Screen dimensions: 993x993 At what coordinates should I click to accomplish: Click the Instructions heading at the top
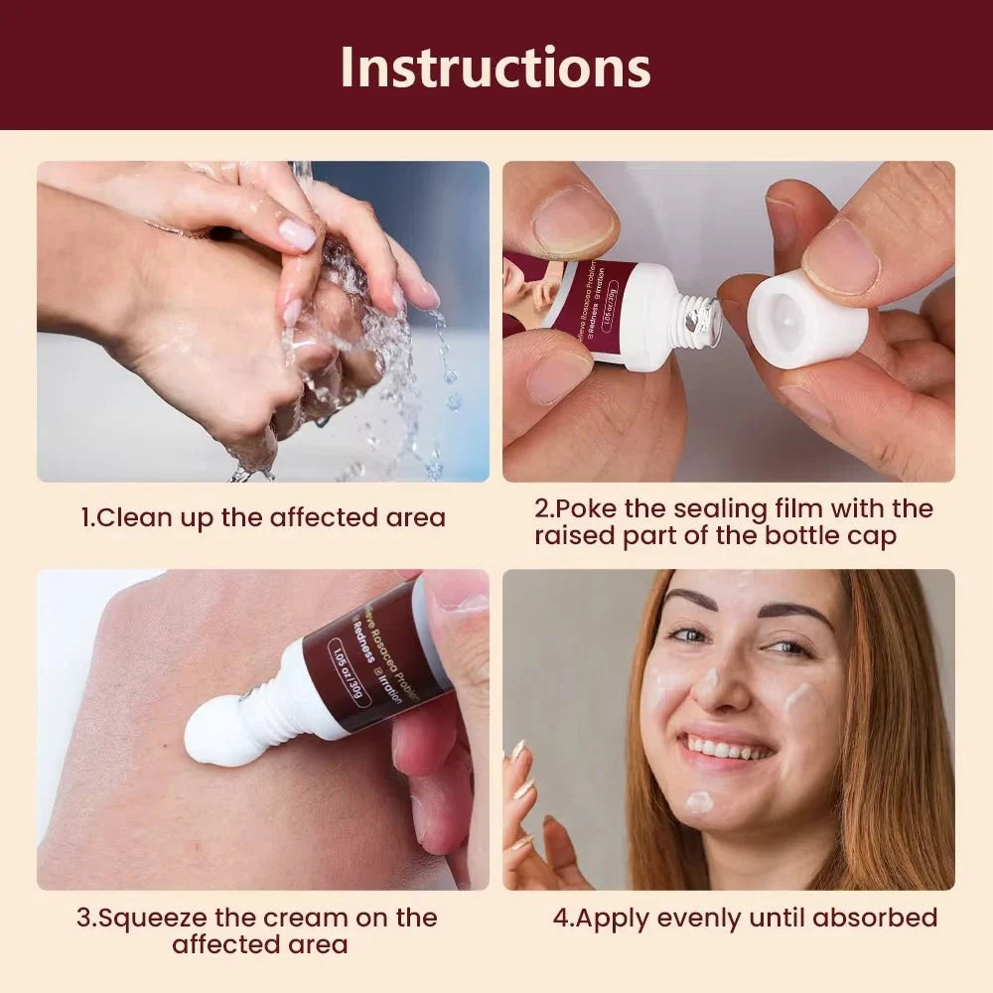point(496,67)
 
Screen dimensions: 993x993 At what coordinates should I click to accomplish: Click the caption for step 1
point(263,517)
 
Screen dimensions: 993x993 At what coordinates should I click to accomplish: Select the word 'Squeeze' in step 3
point(150,918)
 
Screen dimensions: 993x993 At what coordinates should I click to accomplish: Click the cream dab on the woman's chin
point(700,801)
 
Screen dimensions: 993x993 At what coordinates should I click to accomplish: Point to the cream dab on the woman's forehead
point(745,580)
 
